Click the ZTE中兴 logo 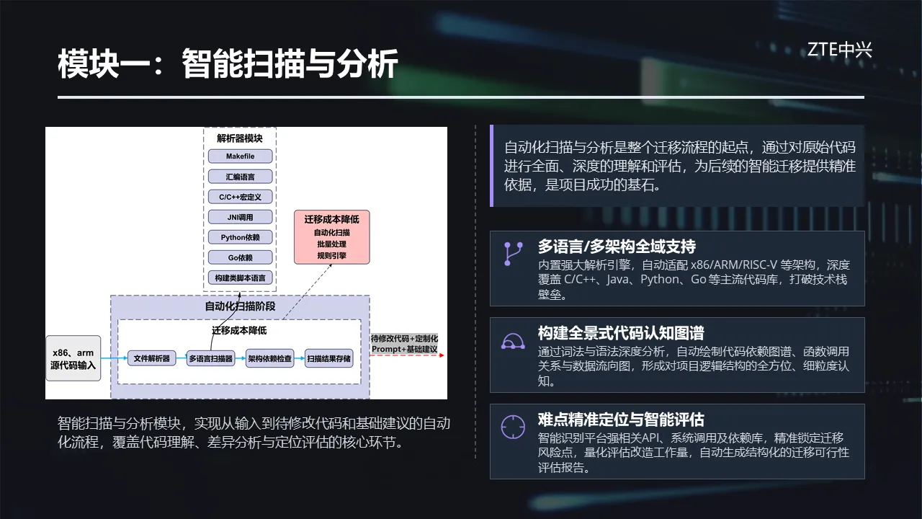(x=839, y=50)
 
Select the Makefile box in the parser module (x=240, y=156)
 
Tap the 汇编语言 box (x=240, y=177)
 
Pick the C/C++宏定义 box (x=240, y=197)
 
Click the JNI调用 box (x=240, y=217)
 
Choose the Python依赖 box (x=240, y=237)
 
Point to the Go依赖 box (x=240, y=257)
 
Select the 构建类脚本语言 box (x=240, y=278)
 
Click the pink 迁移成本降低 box (x=332, y=237)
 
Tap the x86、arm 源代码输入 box (x=73, y=358)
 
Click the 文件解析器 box (x=151, y=358)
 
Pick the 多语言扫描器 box (x=211, y=358)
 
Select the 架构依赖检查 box (x=269, y=358)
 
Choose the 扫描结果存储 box (x=329, y=358)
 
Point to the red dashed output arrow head (x=442, y=355)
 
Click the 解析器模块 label (x=240, y=138)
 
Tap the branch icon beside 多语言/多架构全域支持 (x=513, y=254)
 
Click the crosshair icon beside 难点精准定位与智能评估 (x=513, y=427)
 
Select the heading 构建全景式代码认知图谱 (x=621, y=333)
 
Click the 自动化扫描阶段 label (x=240, y=306)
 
